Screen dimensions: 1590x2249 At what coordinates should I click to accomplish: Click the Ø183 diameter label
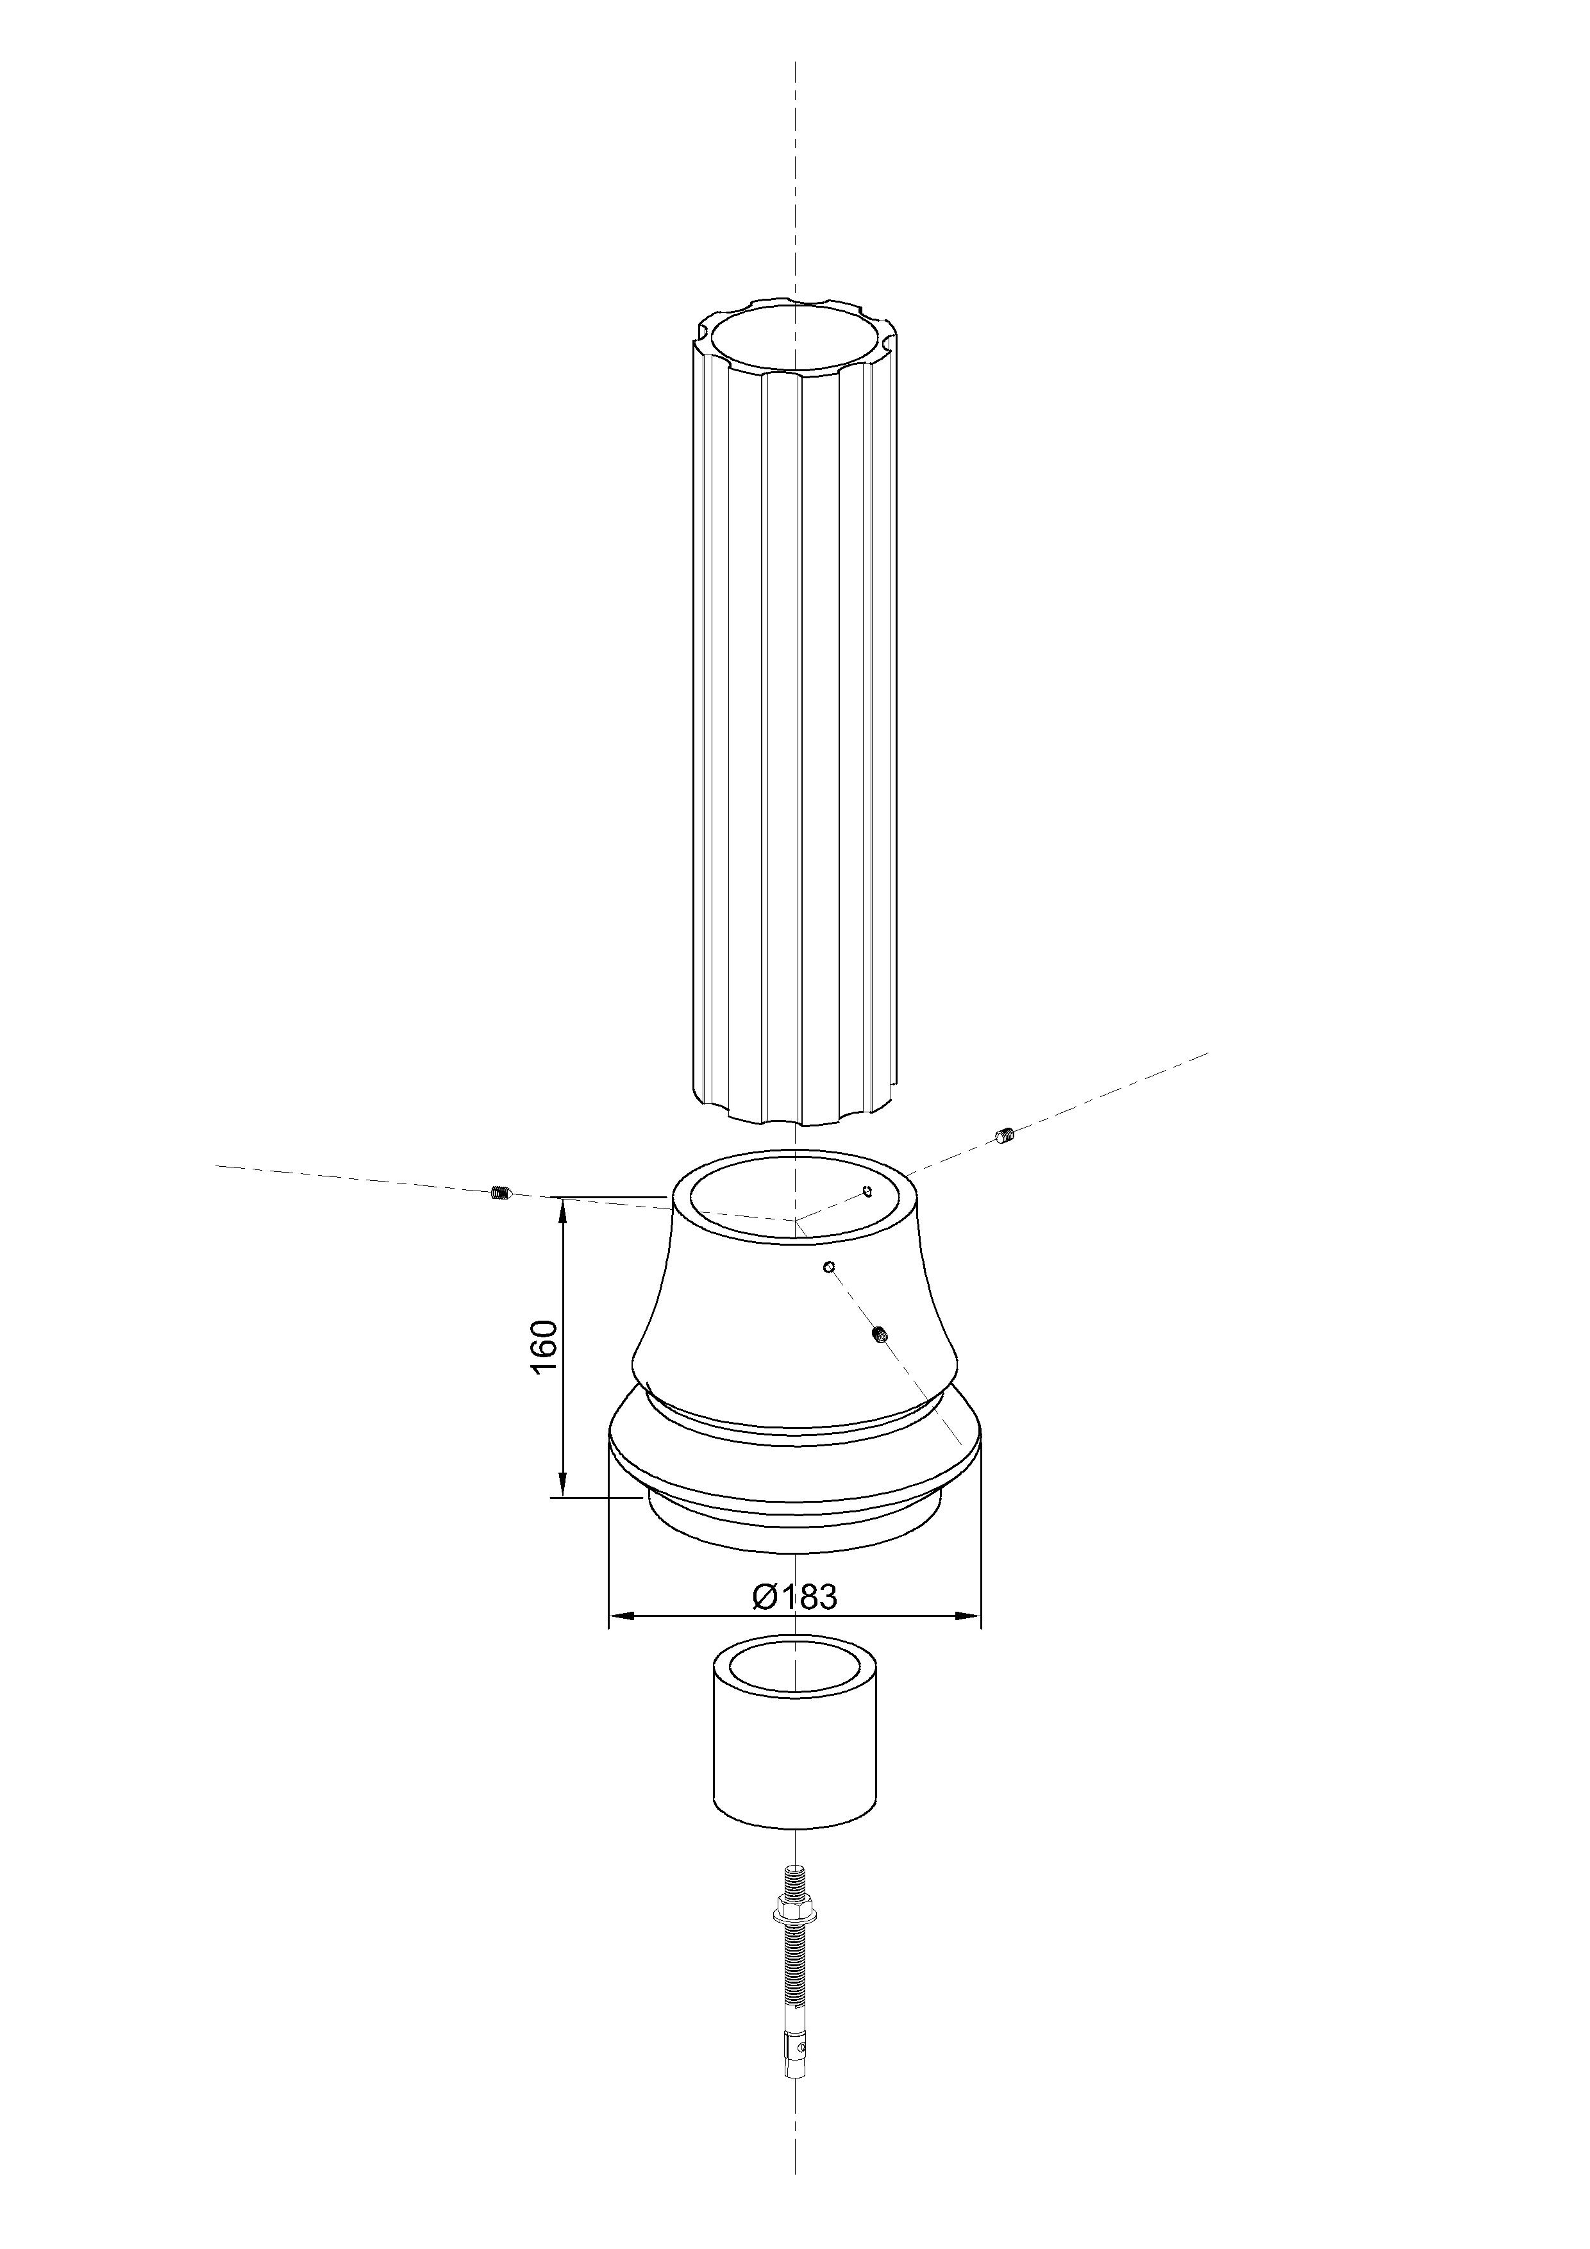click(x=794, y=1596)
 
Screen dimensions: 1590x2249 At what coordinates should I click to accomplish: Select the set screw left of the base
click(x=499, y=1193)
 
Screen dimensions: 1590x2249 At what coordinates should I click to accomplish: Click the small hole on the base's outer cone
click(x=829, y=1267)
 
